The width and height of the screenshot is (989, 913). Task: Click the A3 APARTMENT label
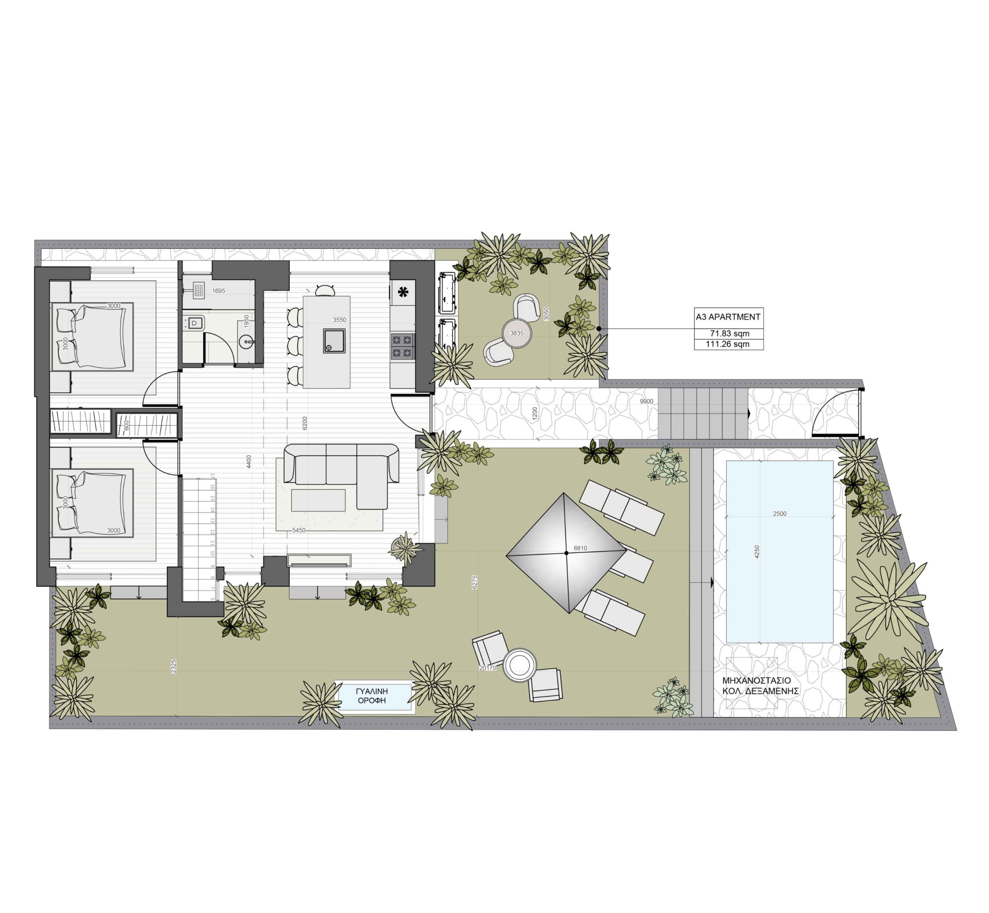click(x=728, y=317)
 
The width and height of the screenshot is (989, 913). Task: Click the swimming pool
click(x=780, y=552)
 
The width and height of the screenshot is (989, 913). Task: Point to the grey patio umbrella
click(x=567, y=553)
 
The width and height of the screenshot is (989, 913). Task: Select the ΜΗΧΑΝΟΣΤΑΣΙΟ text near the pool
click(x=756, y=681)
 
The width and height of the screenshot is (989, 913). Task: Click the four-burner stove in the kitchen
click(x=402, y=346)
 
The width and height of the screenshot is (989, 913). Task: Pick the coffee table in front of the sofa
click(x=318, y=500)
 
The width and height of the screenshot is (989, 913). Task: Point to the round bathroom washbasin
click(x=246, y=341)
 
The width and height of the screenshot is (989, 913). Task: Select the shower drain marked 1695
click(x=199, y=290)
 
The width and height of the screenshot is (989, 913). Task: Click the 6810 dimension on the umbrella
click(x=580, y=548)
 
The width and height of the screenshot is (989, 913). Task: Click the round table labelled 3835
click(x=517, y=333)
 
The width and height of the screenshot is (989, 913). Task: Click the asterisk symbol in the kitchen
click(x=403, y=292)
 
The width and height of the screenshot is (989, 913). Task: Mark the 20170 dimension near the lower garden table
click(x=488, y=668)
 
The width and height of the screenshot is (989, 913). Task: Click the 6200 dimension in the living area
click(x=305, y=423)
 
